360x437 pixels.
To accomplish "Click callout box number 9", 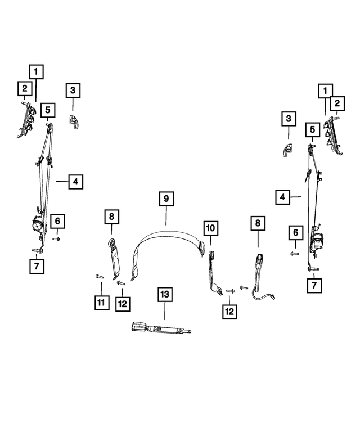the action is pyautogui.click(x=166, y=199).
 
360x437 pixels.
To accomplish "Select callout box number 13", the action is pyautogui.click(x=165, y=294).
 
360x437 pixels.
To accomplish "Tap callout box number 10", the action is pyautogui.click(x=210, y=228).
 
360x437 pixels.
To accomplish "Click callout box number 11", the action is pyautogui.click(x=101, y=302).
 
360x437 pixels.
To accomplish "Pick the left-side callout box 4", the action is pyautogui.click(x=76, y=182).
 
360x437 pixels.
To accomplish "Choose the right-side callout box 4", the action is pyautogui.click(x=282, y=197).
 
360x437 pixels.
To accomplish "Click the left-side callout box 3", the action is pyautogui.click(x=73, y=91).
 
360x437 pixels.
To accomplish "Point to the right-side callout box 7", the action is pyautogui.click(x=314, y=285).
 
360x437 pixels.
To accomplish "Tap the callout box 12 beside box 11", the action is pyautogui.click(x=123, y=304).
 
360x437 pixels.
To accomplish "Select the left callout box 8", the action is pyautogui.click(x=112, y=217).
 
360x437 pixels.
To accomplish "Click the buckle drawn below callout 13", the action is pyautogui.click(x=161, y=328).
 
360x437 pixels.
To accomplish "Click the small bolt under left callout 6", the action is pyautogui.click(x=56, y=239).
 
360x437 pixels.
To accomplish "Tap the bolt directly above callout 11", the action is pyautogui.click(x=100, y=277).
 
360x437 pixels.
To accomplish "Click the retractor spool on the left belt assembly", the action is pyautogui.click(x=38, y=223).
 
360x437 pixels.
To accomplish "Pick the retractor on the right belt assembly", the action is pyautogui.click(x=317, y=242).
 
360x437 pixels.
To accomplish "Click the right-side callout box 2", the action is pyautogui.click(x=337, y=103).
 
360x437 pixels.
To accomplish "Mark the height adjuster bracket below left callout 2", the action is pyautogui.click(x=26, y=120).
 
